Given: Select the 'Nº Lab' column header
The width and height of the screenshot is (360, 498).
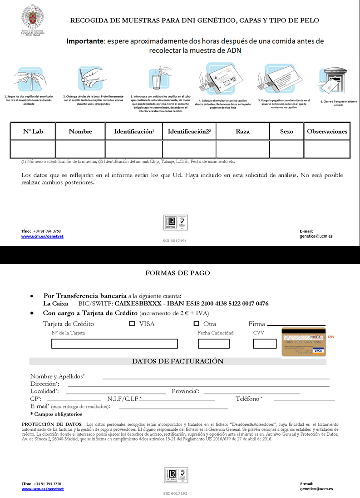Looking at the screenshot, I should pos(33,131).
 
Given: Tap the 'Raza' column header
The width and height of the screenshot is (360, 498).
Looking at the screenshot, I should pos(242,131).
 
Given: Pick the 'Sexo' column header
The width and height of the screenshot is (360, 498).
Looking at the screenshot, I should pos(286,131).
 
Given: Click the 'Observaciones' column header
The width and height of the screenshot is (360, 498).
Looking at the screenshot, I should pos(327,131).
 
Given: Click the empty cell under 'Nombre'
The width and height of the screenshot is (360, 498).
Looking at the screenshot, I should pos(80,149).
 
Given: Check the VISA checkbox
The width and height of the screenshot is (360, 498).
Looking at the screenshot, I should pos(132,324).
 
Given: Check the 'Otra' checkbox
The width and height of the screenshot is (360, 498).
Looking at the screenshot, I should pos(197,324).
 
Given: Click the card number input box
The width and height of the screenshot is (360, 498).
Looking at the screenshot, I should pos(114,344).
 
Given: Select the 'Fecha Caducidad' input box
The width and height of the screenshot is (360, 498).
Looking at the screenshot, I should pos(213,344).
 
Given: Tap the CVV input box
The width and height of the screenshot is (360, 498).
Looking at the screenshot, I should pos(265,344).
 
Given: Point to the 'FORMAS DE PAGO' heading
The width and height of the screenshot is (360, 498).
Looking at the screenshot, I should pos(178,273).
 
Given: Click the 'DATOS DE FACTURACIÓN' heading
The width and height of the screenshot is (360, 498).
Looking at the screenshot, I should pos(178,361).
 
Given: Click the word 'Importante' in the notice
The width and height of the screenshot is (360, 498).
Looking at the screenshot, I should pos(84,41).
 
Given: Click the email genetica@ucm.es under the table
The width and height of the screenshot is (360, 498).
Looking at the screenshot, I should pos(316,236).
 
